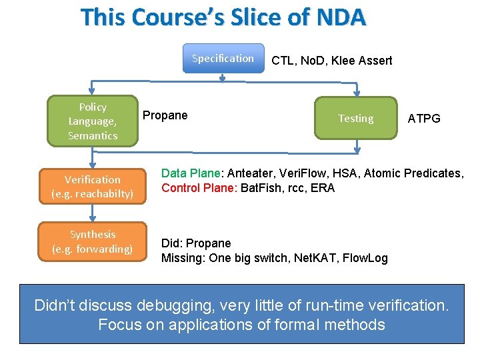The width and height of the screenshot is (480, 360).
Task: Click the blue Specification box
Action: tap(223, 59)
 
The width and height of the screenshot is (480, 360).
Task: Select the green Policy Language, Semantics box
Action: tap(92, 121)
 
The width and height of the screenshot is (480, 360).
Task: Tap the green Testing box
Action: tap(355, 119)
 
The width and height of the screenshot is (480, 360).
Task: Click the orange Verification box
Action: tap(93, 187)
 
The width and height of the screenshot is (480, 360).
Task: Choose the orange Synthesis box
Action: tap(93, 241)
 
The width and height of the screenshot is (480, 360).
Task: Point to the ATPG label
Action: tap(424, 119)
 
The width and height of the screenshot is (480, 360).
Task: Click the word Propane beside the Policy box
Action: tap(165, 115)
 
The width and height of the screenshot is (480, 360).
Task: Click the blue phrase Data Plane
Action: tap(190, 173)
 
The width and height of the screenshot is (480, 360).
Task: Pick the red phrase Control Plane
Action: tap(197, 188)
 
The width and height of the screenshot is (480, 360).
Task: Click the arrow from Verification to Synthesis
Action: tap(93, 212)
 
